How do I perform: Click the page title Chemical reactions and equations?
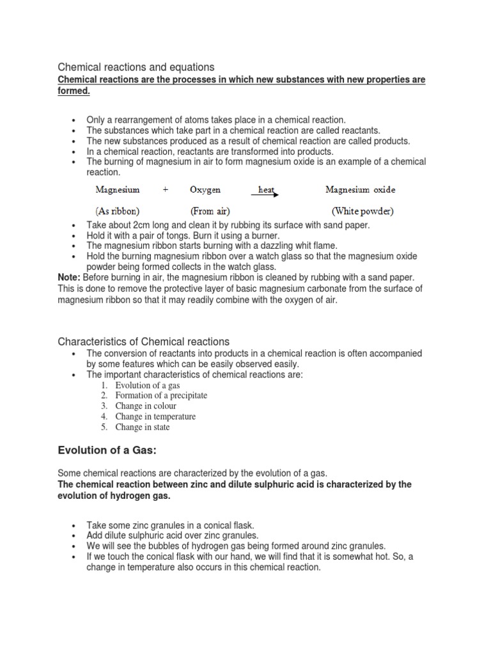click(x=136, y=67)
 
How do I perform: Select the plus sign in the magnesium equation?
click(x=166, y=190)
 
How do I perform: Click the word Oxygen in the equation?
click(x=205, y=190)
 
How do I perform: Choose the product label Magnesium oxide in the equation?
click(x=360, y=189)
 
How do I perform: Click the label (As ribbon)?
click(x=118, y=210)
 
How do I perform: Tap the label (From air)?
click(x=210, y=210)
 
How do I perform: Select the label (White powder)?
click(x=362, y=210)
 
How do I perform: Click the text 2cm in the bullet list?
click(x=141, y=225)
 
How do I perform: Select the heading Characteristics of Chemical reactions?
click(x=144, y=342)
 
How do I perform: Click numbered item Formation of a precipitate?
click(x=161, y=395)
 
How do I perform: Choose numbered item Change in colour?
click(x=146, y=406)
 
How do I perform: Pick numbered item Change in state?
click(x=143, y=427)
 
